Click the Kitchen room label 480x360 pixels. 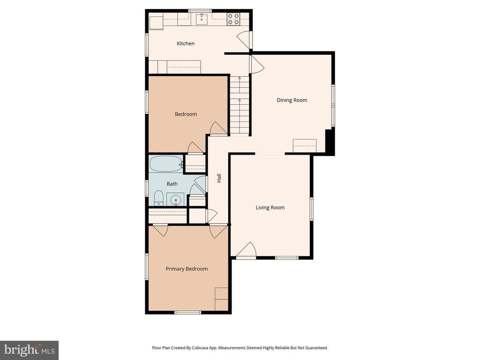click(186, 44)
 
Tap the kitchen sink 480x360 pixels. click(202, 19)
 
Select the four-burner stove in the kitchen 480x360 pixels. click(233, 19)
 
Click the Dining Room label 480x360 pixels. click(292, 100)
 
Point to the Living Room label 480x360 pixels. click(270, 207)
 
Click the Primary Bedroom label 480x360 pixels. click(187, 269)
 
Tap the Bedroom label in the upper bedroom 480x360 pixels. click(186, 114)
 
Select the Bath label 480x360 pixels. click(172, 184)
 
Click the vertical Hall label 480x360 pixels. click(218, 178)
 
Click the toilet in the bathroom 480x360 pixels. click(158, 199)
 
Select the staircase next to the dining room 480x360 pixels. click(239, 105)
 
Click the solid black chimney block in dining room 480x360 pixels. click(330, 142)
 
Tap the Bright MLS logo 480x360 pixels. click(29, 350)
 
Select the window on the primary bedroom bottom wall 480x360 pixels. click(187, 312)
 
